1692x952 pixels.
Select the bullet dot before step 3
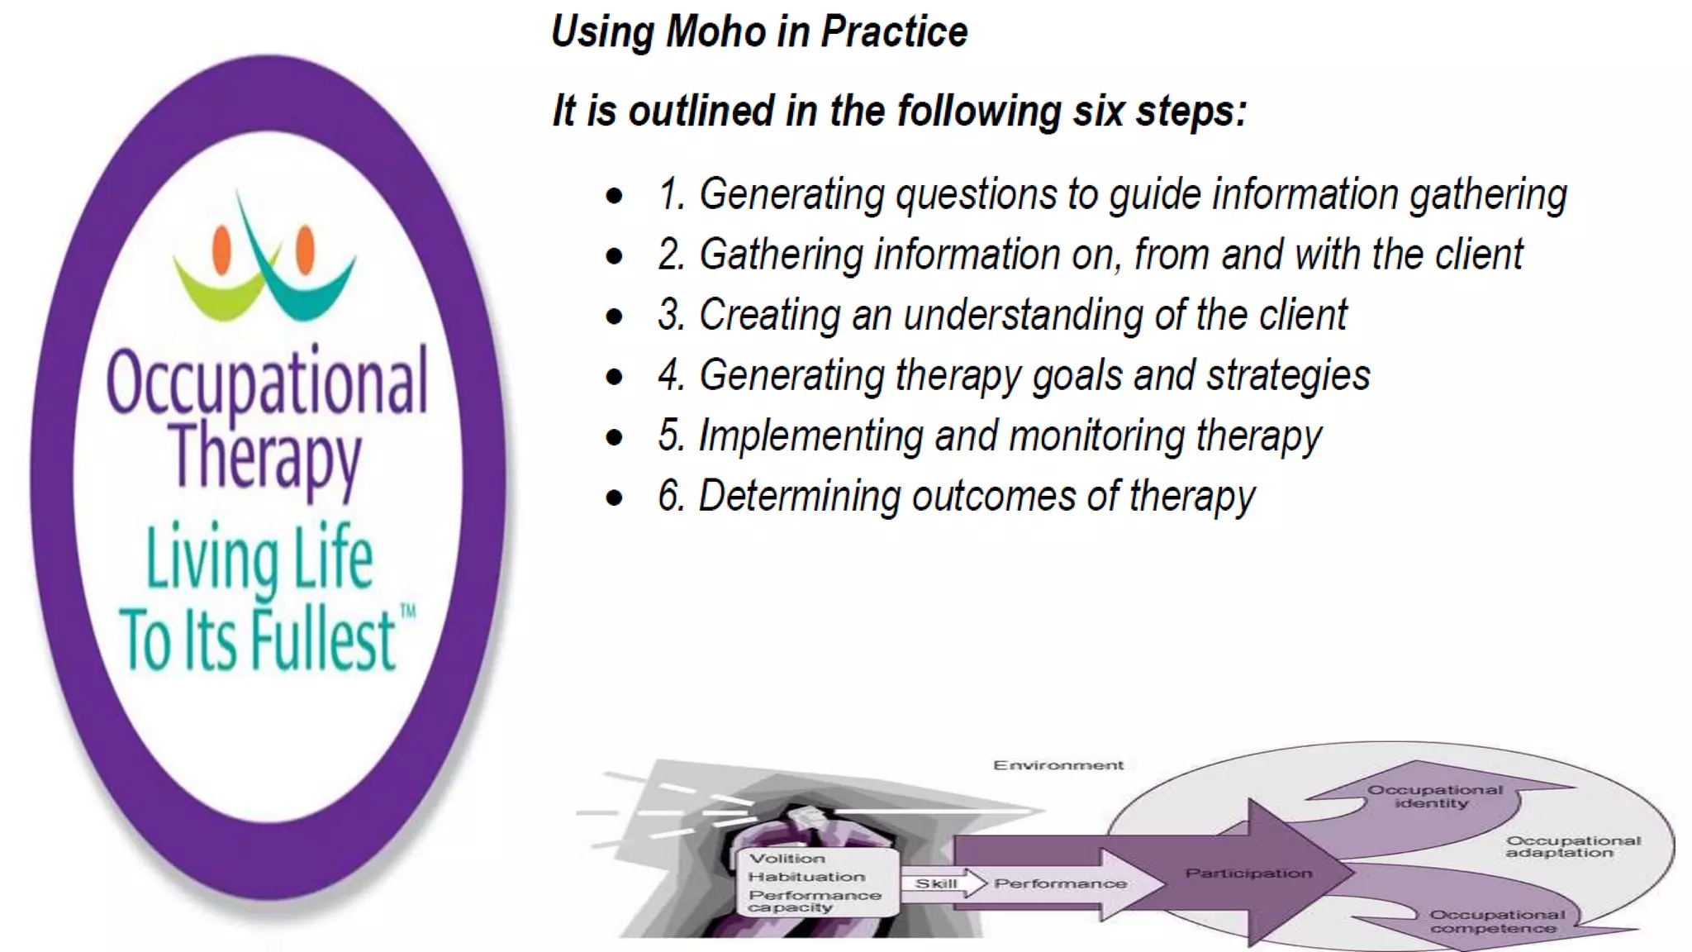pos(614,317)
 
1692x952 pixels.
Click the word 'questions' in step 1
pos(976,196)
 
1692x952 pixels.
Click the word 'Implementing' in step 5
pos(810,436)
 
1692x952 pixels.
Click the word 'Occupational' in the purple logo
pos(267,382)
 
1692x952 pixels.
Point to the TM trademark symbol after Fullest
pos(407,612)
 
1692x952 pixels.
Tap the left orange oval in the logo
pos(221,249)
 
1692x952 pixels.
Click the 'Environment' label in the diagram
pos(1057,765)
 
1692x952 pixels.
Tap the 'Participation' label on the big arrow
pos(1248,873)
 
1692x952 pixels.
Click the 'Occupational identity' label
pos(1434,796)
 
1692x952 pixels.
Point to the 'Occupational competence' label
pos(1496,921)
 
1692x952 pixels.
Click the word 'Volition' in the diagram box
pos(787,859)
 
